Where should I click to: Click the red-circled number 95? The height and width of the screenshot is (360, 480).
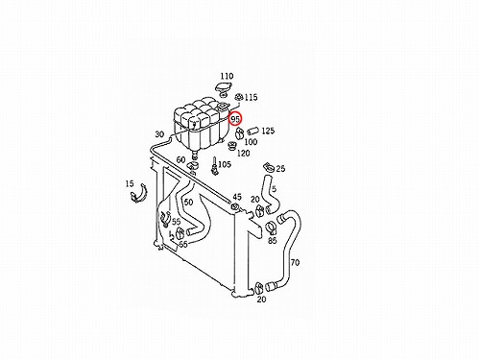[235, 119]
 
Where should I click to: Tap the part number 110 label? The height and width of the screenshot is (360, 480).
[227, 76]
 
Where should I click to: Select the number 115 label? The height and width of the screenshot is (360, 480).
[251, 97]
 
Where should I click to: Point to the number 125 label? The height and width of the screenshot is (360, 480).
[268, 131]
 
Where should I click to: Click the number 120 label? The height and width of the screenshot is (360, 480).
[243, 154]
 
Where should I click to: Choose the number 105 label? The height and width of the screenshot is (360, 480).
[225, 164]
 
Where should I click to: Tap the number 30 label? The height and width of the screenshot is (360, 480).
[159, 134]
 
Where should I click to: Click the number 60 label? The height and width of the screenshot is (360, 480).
[180, 159]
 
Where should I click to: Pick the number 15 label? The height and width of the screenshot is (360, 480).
[130, 184]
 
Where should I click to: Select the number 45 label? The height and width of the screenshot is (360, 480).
[237, 197]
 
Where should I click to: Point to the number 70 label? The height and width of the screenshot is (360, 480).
[295, 263]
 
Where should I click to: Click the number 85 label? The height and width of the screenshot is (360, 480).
[273, 240]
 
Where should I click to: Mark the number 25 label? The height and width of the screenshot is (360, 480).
[280, 169]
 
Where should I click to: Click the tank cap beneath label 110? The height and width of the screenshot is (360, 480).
[223, 88]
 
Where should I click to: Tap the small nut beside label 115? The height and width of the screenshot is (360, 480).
[239, 97]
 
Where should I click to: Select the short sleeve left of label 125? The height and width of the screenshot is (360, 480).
[253, 131]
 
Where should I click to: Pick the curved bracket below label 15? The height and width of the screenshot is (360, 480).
[138, 195]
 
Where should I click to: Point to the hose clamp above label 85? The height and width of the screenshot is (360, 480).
[272, 228]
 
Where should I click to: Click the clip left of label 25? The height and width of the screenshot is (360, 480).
[268, 167]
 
